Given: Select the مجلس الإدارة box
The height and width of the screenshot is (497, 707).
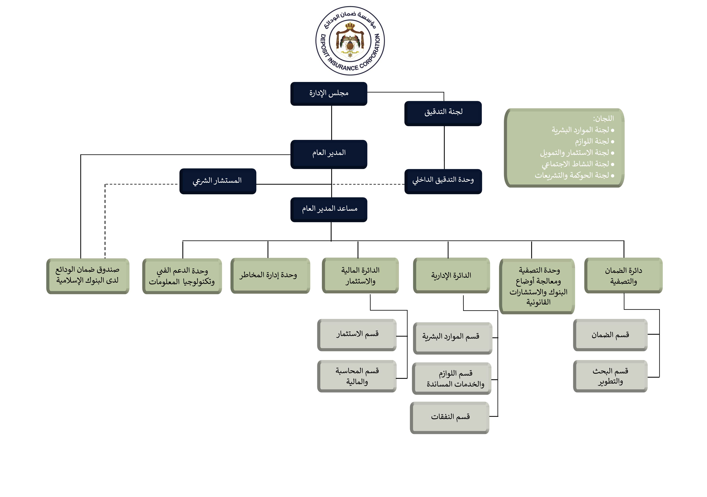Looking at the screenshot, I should click(x=329, y=93).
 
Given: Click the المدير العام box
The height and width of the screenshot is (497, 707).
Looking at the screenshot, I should click(x=329, y=154).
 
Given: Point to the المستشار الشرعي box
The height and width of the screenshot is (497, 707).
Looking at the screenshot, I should click(x=218, y=181).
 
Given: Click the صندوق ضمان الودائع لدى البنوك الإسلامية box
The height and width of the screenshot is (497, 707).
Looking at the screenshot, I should click(x=88, y=276).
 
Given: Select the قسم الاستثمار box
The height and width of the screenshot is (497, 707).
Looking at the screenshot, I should click(x=357, y=334).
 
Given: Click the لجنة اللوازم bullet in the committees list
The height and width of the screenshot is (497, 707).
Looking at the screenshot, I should click(x=592, y=141).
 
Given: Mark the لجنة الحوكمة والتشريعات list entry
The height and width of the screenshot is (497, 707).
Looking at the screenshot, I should click(x=572, y=175).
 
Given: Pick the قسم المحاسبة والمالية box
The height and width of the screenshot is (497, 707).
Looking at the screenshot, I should click(x=357, y=376).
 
